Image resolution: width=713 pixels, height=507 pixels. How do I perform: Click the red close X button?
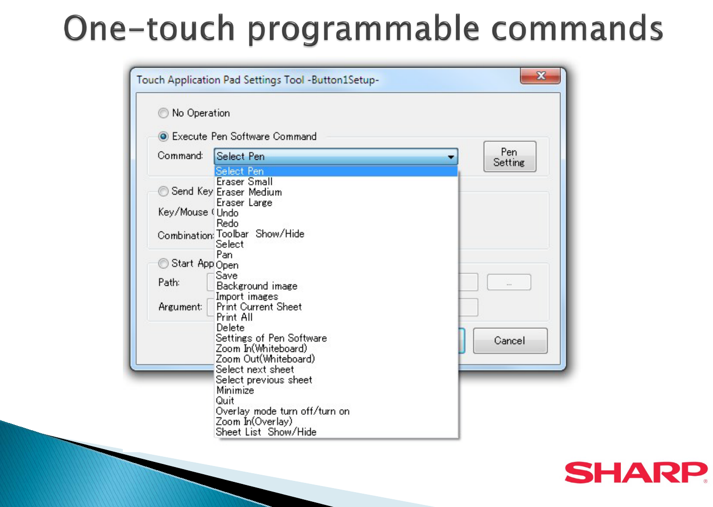point(540,76)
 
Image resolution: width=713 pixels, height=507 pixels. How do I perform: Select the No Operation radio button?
point(163,113)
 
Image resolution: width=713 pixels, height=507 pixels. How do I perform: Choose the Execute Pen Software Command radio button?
point(163,137)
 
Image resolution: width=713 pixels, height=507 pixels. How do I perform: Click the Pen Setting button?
point(510,157)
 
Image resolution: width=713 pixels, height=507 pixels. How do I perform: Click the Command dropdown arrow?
point(451,157)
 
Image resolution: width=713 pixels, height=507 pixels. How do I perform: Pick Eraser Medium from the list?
point(249,193)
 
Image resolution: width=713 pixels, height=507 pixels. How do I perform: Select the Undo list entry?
point(227,213)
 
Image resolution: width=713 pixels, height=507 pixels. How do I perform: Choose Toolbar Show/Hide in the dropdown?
point(260,234)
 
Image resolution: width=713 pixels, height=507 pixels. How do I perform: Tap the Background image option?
point(256,286)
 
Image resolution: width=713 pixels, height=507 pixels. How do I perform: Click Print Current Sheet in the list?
point(259,307)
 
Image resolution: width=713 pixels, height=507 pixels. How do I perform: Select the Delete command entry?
point(230,328)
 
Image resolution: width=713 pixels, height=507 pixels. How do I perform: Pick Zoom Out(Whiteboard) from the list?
point(265,359)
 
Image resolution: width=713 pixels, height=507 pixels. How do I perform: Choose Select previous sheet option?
point(264,380)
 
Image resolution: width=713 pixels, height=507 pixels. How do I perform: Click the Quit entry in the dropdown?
point(225,400)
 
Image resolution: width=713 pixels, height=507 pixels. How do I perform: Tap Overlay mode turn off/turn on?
point(283,411)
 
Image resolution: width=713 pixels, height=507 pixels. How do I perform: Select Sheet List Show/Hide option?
point(266,432)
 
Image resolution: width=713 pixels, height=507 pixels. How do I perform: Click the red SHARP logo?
point(636,472)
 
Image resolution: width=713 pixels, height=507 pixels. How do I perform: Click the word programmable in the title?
point(363,29)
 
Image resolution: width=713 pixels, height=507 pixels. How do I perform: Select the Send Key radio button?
point(163,192)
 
